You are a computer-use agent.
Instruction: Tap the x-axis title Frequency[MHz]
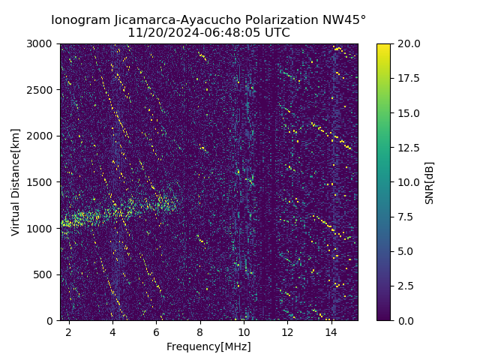[208, 346]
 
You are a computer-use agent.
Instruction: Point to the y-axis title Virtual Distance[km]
[16, 182]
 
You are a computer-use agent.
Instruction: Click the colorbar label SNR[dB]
[430, 182]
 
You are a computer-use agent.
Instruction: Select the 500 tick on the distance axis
[46, 274]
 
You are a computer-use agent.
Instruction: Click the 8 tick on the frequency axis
[200, 331]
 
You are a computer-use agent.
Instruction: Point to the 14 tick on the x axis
[331, 331]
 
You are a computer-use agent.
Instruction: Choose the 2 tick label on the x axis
[69, 331]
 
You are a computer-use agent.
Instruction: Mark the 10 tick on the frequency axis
[244, 331]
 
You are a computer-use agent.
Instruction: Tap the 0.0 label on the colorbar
[405, 320]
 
